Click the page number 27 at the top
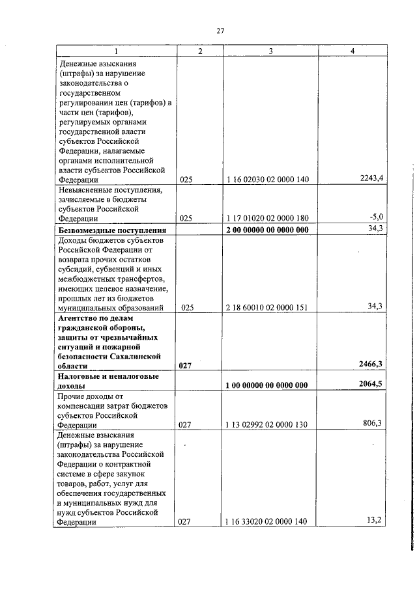click(220, 31)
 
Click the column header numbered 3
click(270, 51)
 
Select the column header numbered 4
click(352, 51)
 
